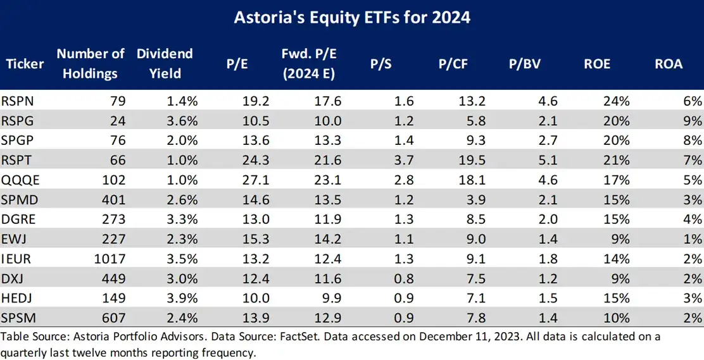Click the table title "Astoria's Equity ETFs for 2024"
pos(352,16)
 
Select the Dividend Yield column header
pos(165,63)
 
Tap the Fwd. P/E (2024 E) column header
pos(308,63)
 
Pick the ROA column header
pos(669,64)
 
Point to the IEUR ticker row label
pos(20,258)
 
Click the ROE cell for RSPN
pos(617,100)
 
